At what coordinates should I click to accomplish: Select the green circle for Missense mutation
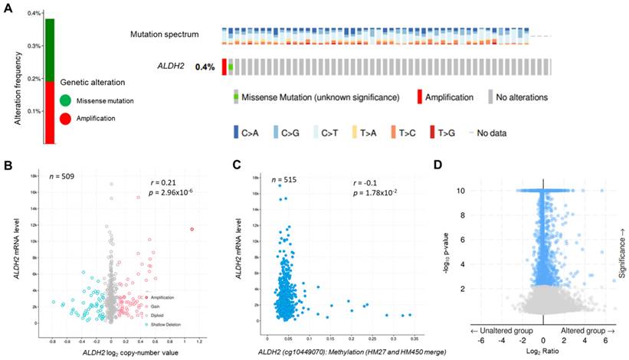pyautogui.click(x=65, y=100)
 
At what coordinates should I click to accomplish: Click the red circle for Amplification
pyautogui.click(x=65, y=119)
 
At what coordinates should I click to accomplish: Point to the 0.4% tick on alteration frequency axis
pyautogui.click(x=33, y=14)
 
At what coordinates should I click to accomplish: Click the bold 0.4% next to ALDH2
pyautogui.click(x=205, y=67)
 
